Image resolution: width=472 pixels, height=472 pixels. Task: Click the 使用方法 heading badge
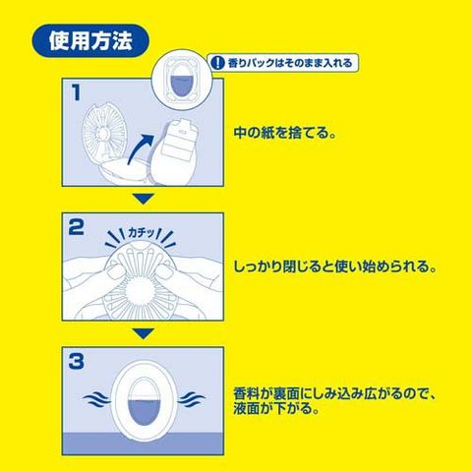[90, 40]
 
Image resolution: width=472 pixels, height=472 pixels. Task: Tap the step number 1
[76, 92]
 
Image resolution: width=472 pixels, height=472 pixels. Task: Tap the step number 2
[77, 227]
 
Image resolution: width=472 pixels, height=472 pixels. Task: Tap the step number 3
[77, 362]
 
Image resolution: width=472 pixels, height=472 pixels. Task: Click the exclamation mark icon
[216, 63]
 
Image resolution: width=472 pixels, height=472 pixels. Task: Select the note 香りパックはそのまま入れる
[290, 63]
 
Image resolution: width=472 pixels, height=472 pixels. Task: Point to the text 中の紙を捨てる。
[285, 133]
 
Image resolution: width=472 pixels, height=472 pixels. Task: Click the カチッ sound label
[141, 233]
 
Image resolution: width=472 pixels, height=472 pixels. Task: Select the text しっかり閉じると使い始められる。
[335, 266]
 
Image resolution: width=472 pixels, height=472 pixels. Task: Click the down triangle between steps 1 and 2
[143, 200]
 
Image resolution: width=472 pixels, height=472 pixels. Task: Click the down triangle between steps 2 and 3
[143, 333]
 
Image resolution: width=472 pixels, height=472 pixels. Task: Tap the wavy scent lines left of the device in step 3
[96, 399]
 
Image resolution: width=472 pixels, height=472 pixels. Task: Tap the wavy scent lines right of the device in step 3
[192, 399]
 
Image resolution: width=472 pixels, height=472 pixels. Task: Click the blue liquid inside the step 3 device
[144, 411]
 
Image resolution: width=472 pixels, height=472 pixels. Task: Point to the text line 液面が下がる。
[276, 409]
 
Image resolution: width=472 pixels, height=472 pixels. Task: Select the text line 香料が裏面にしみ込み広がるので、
[335, 393]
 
